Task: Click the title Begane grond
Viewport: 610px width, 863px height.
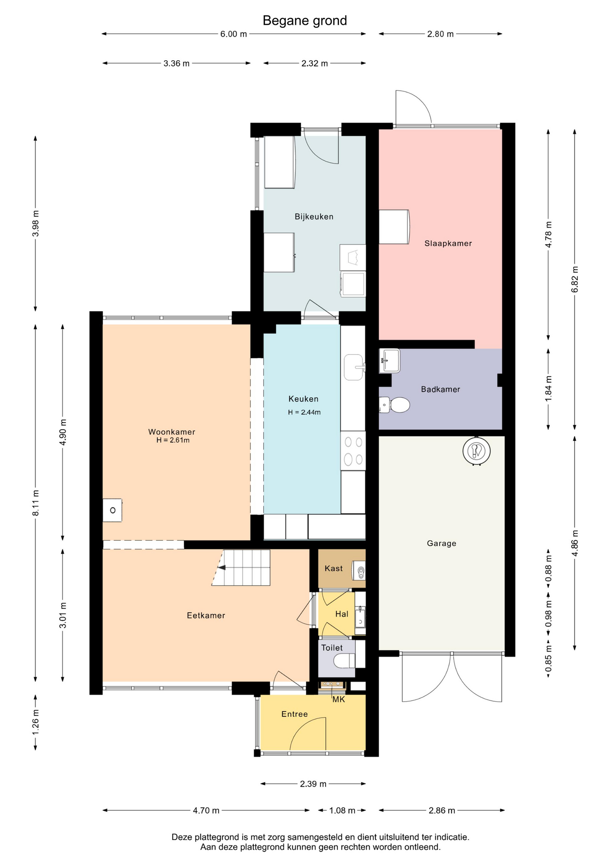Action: coord(305,21)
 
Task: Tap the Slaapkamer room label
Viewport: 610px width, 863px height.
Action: coord(448,244)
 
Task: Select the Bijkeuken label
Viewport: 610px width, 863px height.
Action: coord(314,217)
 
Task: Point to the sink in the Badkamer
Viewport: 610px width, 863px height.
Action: coord(389,360)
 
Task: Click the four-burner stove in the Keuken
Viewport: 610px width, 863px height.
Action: coord(353,451)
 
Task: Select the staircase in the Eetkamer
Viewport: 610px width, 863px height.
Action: coord(241,567)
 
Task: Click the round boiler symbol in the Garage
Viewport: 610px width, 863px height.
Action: coord(476,450)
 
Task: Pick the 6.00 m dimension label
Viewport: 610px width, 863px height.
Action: coord(234,34)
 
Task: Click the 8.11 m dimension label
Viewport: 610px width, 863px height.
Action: coord(36,503)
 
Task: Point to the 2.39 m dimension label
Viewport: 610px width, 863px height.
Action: coord(313,784)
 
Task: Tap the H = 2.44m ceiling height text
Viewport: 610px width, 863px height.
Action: coord(305,412)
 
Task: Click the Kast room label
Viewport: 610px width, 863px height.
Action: coord(334,569)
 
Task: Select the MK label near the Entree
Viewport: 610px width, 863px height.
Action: coord(339,699)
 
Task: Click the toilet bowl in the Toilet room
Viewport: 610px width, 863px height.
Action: coord(345,661)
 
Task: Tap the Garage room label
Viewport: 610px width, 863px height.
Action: coord(442,543)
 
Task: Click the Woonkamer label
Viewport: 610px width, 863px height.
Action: coord(172,432)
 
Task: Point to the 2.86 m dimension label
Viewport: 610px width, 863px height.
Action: coord(442,810)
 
